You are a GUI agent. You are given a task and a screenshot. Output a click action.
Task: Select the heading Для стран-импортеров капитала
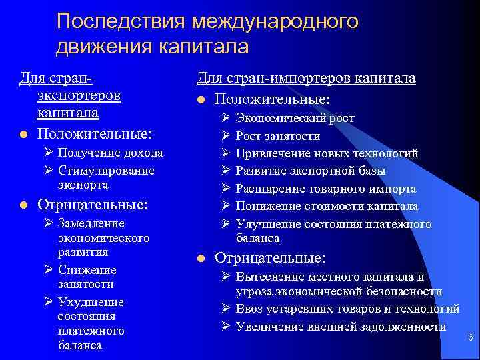tap(306, 79)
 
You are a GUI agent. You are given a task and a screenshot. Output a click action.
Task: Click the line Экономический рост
tap(295, 119)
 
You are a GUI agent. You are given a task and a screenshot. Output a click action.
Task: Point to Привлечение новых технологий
tap(327, 153)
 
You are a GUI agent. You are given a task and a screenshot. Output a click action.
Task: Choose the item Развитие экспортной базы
tap(311, 171)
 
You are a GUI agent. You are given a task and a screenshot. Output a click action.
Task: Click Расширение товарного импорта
tap(326, 189)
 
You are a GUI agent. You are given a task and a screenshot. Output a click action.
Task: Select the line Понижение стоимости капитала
tap(327, 206)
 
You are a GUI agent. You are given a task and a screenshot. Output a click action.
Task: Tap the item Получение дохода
tap(110, 153)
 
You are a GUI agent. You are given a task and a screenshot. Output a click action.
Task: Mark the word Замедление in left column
tap(91, 223)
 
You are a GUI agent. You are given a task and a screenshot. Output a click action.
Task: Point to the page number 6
tap(471, 338)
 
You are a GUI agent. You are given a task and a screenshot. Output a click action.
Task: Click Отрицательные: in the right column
tap(270, 257)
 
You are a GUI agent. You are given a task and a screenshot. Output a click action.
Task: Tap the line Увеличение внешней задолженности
tap(341, 326)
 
